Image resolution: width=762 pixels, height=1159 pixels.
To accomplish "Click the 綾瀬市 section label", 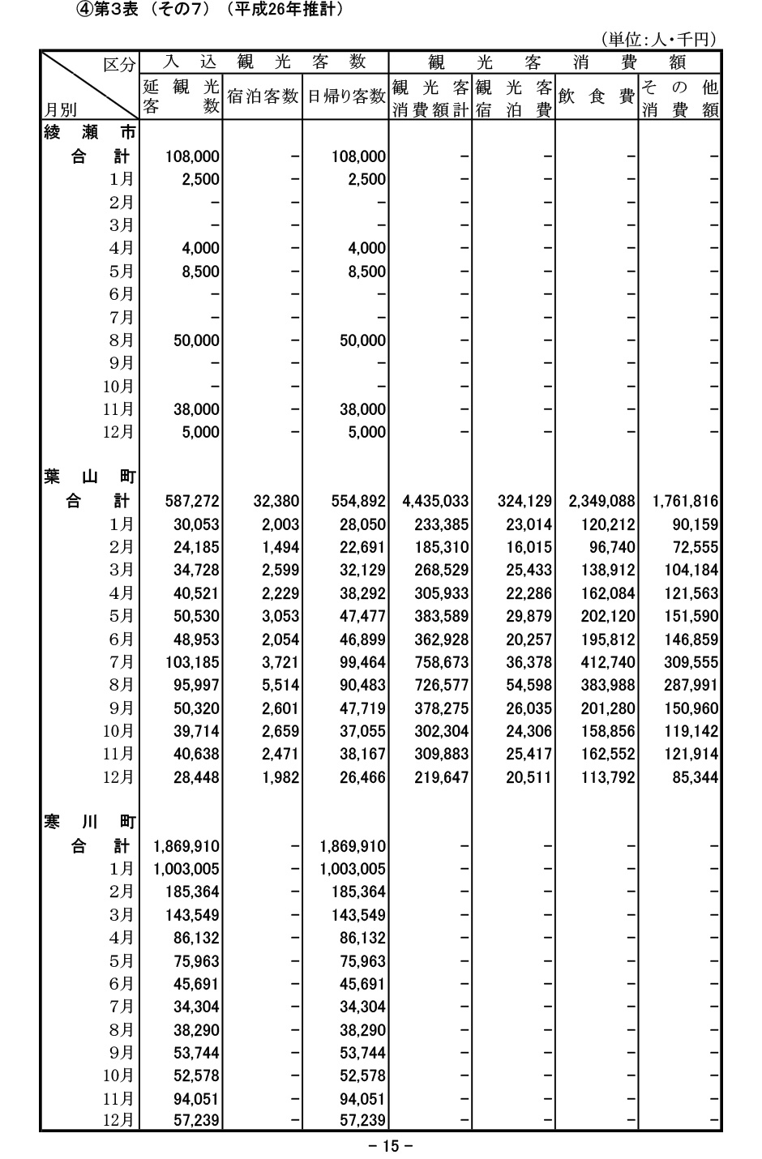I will (x=89, y=133).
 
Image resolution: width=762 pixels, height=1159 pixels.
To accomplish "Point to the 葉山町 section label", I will (x=89, y=478).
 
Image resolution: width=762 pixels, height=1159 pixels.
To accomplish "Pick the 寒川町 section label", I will (x=89, y=823).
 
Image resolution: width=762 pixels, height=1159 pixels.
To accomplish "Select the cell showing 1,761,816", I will (x=684, y=502).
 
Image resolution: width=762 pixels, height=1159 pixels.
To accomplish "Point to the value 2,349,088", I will (x=601, y=502).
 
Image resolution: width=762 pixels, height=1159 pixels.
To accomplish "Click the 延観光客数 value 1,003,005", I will (x=186, y=869).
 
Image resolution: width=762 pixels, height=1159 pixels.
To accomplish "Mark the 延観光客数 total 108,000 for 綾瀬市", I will (x=192, y=156).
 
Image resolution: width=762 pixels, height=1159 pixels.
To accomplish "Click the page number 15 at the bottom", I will (x=391, y=1146).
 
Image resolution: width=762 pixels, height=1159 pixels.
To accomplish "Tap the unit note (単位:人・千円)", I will (x=658, y=39).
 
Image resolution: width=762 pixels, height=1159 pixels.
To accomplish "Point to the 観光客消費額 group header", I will (x=554, y=62).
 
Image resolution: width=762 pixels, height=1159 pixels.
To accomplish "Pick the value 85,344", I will (x=696, y=777).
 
